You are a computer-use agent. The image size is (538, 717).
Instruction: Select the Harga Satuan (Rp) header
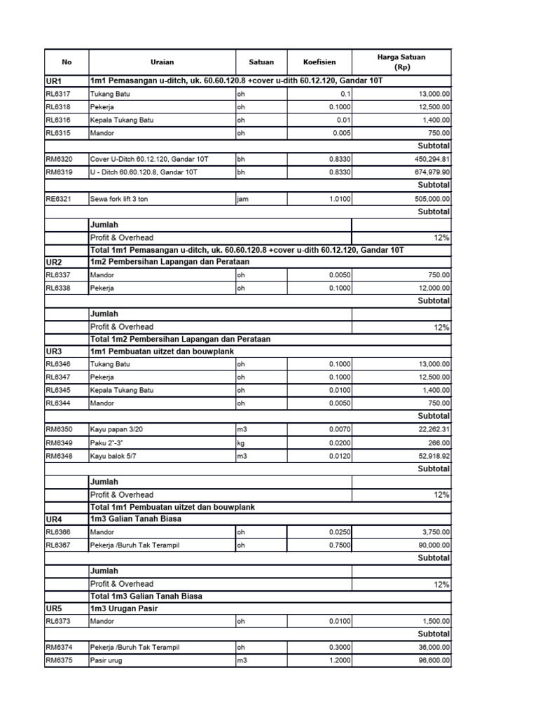click(401, 62)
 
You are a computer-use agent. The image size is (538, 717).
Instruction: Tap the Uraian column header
click(161, 62)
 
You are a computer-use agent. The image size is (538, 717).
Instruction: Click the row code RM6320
click(58, 159)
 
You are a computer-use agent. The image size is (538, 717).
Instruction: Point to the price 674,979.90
click(428, 172)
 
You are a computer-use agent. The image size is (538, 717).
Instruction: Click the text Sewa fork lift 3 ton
click(119, 199)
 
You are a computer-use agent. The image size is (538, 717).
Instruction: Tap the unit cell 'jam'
click(243, 199)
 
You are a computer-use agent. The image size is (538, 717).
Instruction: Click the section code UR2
click(55, 262)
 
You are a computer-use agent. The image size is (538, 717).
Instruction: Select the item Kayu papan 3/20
click(116, 429)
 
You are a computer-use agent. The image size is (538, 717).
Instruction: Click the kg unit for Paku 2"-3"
click(242, 442)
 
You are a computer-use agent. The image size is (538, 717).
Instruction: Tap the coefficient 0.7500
click(340, 545)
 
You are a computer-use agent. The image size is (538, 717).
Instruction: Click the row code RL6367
click(58, 545)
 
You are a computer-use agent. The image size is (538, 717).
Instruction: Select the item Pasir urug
click(106, 660)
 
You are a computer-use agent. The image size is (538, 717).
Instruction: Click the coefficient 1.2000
click(340, 660)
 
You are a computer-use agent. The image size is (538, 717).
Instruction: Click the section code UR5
click(55, 608)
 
